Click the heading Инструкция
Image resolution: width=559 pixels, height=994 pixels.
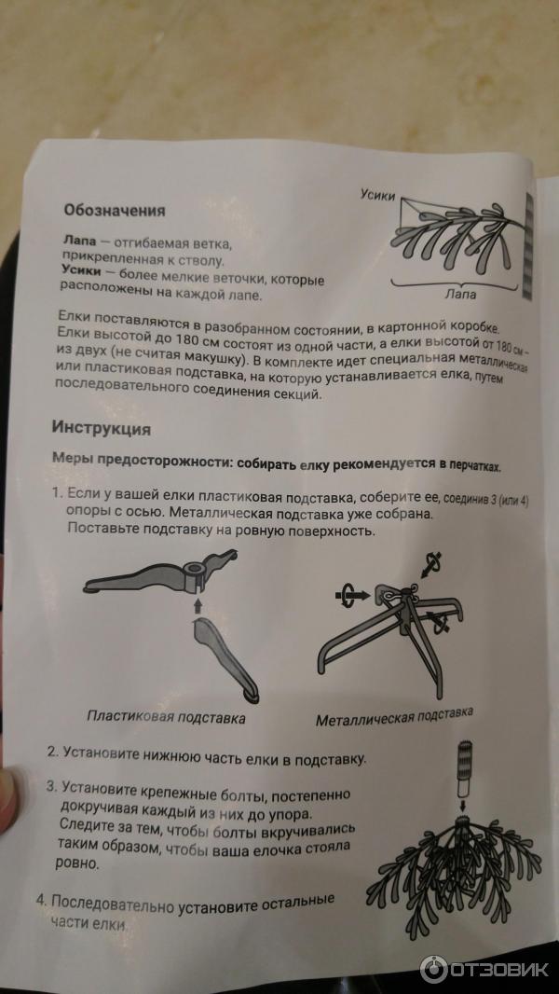point(101,430)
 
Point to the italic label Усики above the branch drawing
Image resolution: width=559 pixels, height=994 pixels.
point(377,195)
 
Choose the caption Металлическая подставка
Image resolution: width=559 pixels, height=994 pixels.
point(394,717)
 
